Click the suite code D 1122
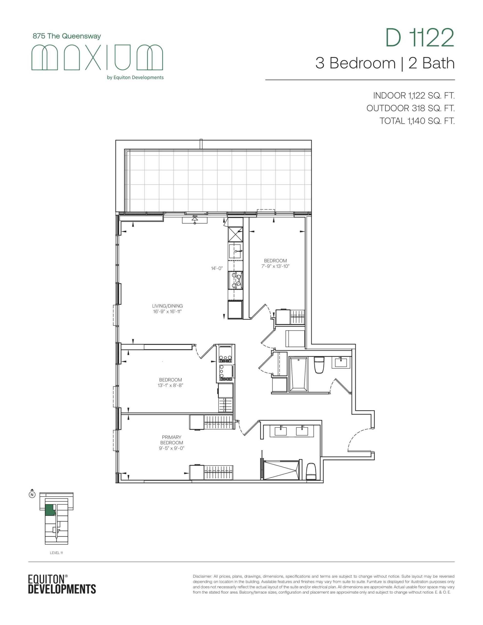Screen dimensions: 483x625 (x=420, y=38)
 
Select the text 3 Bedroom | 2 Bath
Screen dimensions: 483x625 (x=385, y=63)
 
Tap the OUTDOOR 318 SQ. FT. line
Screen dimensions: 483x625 (x=410, y=108)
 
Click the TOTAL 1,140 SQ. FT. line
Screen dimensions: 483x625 (x=417, y=121)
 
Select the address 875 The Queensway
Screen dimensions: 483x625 (x=67, y=36)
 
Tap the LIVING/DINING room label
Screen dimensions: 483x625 (x=168, y=306)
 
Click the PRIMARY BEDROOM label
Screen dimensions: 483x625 (x=171, y=440)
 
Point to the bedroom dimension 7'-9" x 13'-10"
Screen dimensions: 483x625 (x=275, y=266)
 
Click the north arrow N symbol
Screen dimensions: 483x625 (x=32, y=494)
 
